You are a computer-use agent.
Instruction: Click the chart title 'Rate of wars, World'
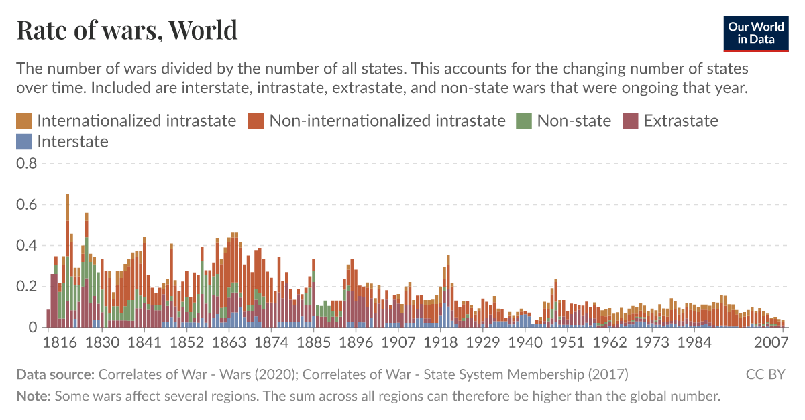127,30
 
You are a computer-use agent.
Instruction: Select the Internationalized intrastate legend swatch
24,121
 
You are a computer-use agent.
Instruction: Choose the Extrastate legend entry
680,121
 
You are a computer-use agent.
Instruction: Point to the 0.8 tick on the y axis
28,163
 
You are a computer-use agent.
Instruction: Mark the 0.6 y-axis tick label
28,204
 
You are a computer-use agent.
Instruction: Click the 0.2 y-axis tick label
28,287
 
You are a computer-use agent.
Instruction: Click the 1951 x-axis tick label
568,343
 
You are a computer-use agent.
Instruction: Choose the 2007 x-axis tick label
770,343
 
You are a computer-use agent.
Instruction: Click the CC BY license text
765,374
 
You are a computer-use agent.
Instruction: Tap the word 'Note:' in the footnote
34,396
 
